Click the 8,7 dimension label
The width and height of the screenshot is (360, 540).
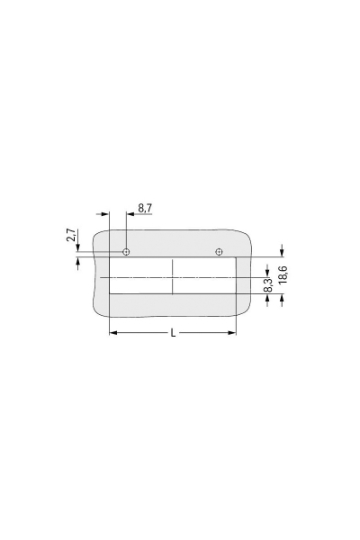(x=146, y=208)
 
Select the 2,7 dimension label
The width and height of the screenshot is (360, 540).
(x=71, y=238)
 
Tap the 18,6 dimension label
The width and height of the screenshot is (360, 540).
(x=283, y=275)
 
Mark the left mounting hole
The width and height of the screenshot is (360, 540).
(x=127, y=251)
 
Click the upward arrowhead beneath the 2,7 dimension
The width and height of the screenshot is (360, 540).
(x=78, y=262)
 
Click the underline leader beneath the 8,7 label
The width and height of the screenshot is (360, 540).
(x=144, y=214)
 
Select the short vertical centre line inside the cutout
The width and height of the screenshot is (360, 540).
(x=173, y=275)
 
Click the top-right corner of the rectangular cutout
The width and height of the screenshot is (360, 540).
(x=236, y=256)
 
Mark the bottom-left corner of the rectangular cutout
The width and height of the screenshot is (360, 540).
(x=109, y=294)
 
